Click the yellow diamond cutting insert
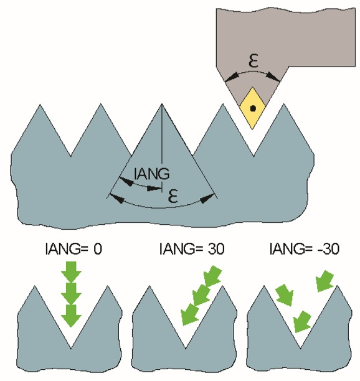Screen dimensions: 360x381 point(252,108)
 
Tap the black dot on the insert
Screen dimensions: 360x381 point(253,108)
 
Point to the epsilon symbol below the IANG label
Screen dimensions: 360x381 point(173,196)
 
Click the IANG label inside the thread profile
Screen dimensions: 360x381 point(151,174)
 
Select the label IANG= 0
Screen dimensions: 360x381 point(73,249)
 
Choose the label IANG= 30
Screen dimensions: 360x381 point(192,249)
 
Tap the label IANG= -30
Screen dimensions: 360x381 point(305,249)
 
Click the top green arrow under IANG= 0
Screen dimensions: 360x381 point(71,272)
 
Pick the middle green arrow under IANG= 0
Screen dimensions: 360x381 point(71,293)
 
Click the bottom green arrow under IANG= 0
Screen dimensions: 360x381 point(71,316)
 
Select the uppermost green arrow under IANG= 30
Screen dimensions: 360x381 point(212,276)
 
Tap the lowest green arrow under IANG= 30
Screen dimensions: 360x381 point(191,314)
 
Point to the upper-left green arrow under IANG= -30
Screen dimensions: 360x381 point(285,294)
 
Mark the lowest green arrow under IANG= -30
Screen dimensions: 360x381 point(302,322)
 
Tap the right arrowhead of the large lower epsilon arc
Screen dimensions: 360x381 point(207,198)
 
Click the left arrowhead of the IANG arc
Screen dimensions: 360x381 point(126,181)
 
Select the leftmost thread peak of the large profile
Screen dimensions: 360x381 point(40,105)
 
